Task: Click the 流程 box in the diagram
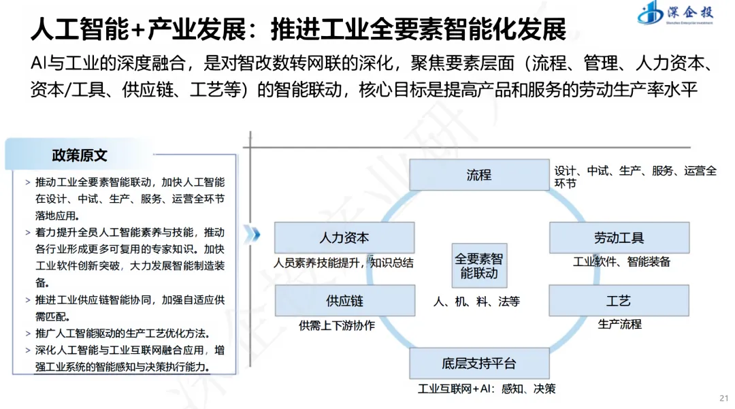(478, 175)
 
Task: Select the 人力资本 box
(344, 238)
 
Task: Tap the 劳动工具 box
(619, 238)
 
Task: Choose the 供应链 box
(344, 301)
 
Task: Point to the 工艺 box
(619, 301)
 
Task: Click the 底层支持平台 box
(478, 363)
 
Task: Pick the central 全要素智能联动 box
(478, 267)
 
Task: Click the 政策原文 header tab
(80, 155)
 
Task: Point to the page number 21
(723, 398)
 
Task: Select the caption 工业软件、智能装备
(621, 262)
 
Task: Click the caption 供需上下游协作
(336, 325)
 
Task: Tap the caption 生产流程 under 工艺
(619, 325)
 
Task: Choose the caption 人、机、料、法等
(476, 301)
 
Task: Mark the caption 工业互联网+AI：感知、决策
(486, 389)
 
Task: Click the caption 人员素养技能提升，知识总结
(344, 262)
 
